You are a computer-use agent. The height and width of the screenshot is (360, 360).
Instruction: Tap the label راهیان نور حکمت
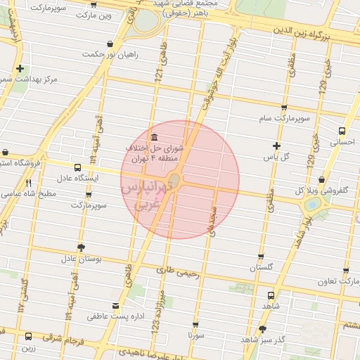tap(110, 54)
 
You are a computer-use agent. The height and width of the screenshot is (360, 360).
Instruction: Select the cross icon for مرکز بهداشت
tap(20, 69)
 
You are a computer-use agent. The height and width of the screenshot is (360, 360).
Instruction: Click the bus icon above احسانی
tap(342, 131)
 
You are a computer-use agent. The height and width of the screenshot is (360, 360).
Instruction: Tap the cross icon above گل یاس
tap(277, 146)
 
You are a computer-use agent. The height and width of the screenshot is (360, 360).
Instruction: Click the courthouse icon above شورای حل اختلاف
tap(154, 136)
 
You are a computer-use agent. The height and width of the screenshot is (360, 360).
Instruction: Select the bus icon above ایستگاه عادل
tap(77, 168)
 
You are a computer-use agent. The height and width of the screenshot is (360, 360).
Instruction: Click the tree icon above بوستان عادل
tap(82, 247)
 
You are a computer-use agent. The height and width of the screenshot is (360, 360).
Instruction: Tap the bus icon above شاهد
tap(271, 296)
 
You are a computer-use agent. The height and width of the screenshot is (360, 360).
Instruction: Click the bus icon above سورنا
tap(195, 326)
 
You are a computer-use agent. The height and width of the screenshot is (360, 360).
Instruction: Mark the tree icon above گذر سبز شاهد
tap(262, 328)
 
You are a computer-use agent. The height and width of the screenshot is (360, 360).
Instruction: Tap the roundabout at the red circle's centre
tap(176, 181)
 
